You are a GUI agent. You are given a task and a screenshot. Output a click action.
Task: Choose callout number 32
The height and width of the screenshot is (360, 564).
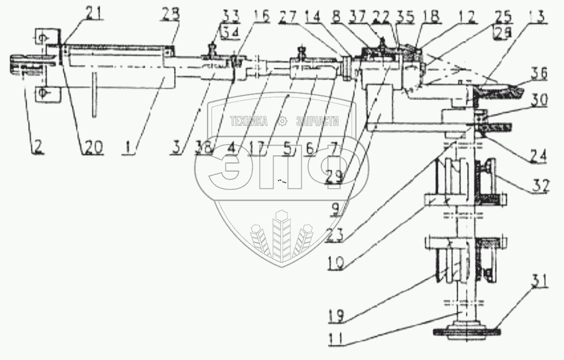(x=540, y=188)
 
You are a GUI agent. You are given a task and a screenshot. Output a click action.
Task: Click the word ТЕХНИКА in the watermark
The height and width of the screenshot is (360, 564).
(x=249, y=122)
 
